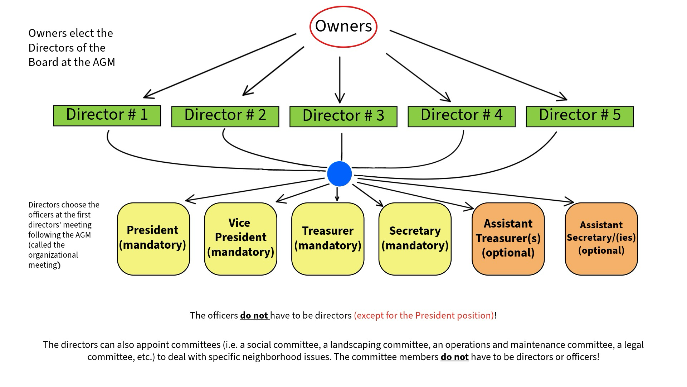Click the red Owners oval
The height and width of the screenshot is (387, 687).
coord(343,27)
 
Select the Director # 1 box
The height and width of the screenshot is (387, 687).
coord(107,115)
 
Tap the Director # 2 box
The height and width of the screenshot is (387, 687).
coord(225,116)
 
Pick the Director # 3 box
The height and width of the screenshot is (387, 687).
coord(343,116)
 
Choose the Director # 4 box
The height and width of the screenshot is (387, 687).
coord(461,116)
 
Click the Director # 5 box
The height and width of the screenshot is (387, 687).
coord(580,116)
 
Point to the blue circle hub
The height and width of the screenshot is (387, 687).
coord(339,174)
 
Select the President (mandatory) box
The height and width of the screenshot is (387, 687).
coord(153,239)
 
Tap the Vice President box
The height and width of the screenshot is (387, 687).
coord(240,239)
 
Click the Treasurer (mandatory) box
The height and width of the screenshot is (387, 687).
coord(328,239)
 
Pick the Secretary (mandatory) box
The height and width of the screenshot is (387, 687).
coord(415,239)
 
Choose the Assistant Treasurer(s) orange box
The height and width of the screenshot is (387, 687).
coord(508,239)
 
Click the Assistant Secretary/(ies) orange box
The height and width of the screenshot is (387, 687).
coord(601,239)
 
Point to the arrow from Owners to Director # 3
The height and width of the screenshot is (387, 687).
coord(340,79)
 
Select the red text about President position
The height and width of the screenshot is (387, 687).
coord(424,316)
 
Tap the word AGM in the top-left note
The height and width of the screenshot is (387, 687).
coord(104,62)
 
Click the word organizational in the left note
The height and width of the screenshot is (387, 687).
coord(53,255)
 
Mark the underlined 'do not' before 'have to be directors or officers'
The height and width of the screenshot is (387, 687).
coord(454,357)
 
